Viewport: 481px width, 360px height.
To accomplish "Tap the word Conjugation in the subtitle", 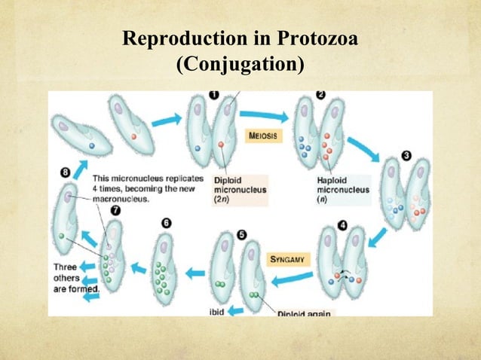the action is [240, 66].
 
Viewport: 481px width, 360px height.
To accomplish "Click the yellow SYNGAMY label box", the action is [287, 258].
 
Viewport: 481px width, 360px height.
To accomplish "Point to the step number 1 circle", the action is [213, 96].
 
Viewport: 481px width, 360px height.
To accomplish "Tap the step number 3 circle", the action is [407, 156].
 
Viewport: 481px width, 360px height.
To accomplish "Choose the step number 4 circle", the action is [344, 224].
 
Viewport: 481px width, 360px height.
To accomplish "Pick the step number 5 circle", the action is [241, 235].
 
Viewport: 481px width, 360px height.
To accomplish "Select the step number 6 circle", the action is [167, 224].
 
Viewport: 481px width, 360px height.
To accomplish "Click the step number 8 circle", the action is [66, 173].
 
